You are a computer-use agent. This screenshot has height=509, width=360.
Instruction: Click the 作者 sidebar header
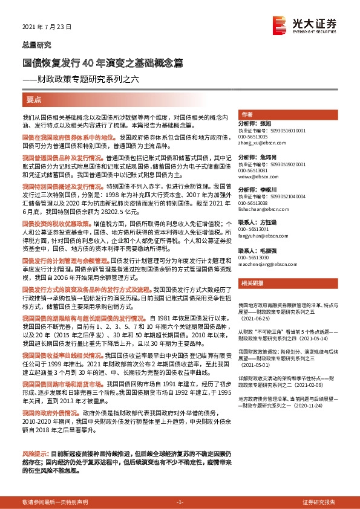(247, 115)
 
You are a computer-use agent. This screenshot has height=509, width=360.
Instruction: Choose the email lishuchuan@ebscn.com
(259, 211)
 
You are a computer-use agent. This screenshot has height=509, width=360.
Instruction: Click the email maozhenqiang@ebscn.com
(262, 264)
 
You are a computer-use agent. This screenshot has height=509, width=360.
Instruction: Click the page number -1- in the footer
(180, 502)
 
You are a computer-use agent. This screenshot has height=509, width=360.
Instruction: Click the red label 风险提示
(34, 453)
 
